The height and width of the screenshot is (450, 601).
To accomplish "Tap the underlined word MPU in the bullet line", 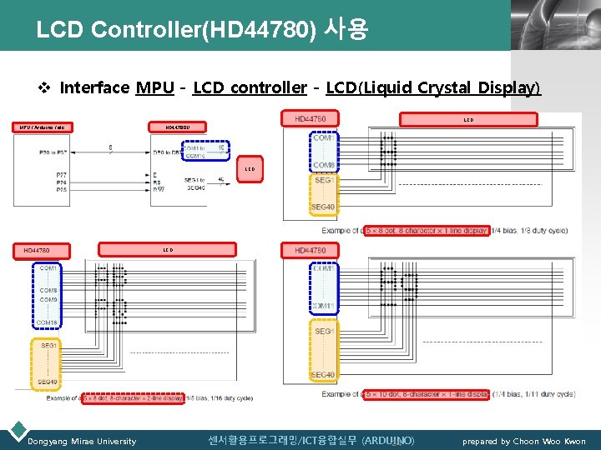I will tap(154, 87).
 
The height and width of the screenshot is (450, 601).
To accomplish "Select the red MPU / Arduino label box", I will tap(43, 127).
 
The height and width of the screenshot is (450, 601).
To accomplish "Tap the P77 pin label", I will tap(63, 175).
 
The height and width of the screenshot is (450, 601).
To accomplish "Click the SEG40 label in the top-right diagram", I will tap(324, 207).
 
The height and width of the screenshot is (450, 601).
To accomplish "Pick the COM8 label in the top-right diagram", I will tap(324, 165).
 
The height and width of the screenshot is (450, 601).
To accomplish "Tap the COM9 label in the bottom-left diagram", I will tap(48, 299).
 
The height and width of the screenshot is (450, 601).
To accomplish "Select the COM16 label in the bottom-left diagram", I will tap(48, 322).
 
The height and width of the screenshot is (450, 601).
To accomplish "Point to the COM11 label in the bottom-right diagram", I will tap(324, 307).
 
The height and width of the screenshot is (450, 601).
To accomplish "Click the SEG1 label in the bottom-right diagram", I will tap(324, 332).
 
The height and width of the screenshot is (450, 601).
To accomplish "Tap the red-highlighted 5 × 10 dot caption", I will tap(426, 394).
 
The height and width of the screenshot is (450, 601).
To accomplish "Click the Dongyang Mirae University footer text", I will tap(82, 441).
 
